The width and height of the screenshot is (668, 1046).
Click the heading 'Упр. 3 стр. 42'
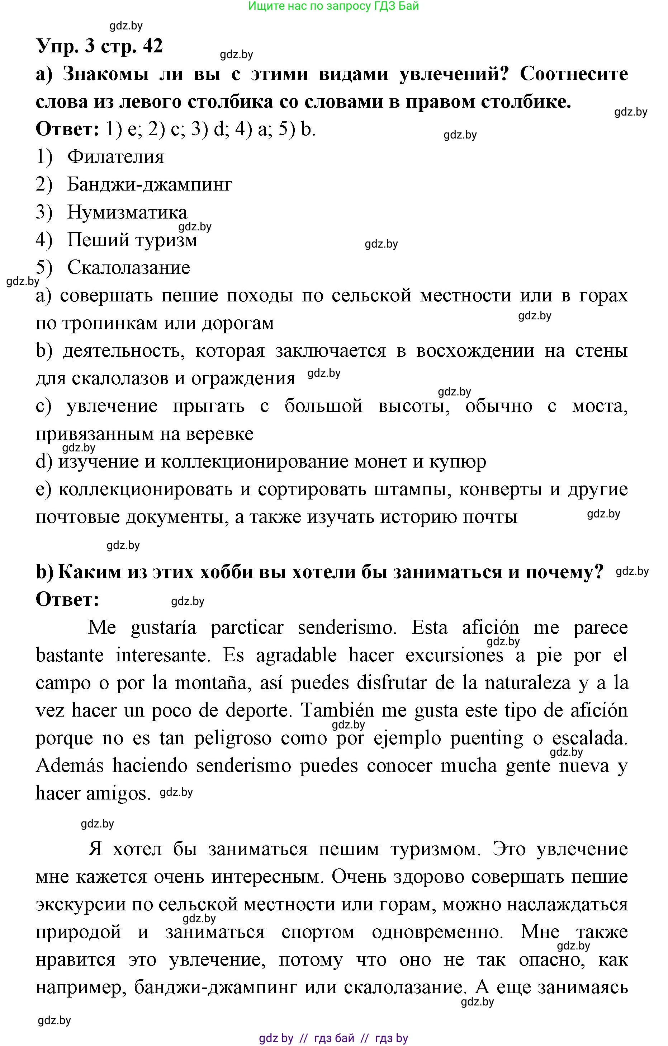[99, 46]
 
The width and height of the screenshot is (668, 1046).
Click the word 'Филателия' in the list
[115, 157]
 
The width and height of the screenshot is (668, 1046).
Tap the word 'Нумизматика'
[127, 212]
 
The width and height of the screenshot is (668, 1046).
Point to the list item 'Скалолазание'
[128, 268]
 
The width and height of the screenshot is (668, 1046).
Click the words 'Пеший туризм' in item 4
[132, 240]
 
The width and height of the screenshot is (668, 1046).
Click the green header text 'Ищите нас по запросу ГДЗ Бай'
[333, 6]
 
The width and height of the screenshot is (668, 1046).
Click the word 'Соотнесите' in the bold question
[573, 74]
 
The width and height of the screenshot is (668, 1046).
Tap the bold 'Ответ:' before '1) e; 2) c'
[68, 130]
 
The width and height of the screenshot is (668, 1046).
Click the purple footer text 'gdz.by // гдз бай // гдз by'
[333, 1038]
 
